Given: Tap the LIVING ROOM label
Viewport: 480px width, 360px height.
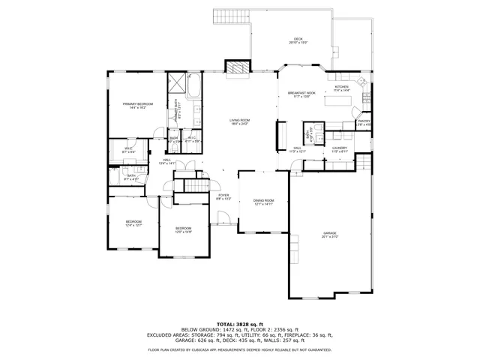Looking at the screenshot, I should point(240,121).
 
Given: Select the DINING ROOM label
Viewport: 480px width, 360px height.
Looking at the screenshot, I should point(263,200).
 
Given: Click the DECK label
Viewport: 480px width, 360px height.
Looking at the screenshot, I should point(298,41).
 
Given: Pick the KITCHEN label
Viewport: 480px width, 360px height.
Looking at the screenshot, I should point(341,88).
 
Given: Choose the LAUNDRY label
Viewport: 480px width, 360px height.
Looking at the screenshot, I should point(340,148).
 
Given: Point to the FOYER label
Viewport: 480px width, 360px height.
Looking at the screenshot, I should point(223,196).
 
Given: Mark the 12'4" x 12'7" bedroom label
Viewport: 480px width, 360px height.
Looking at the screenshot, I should point(133,223).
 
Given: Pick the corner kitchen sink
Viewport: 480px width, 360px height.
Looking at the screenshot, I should point(362,80).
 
